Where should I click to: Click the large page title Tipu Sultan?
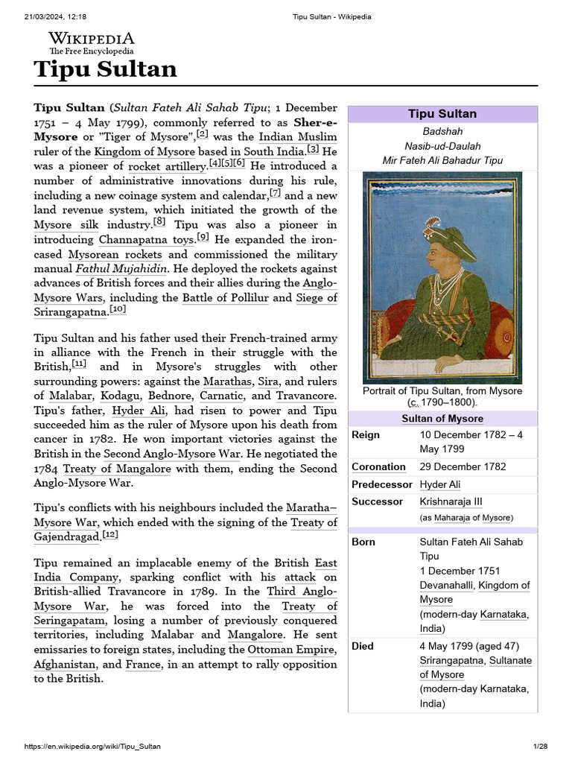click(x=105, y=69)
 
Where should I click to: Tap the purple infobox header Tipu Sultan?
click(x=442, y=114)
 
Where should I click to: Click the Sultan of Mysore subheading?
click(x=442, y=419)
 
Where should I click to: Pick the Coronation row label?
click(x=379, y=467)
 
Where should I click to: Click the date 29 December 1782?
click(x=463, y=467)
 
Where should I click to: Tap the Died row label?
click(x=363, y=646)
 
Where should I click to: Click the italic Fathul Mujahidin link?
click(x=121, y=269)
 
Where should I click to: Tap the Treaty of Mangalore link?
click(x=117, y=469)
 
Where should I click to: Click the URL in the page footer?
click(x=92, y=746)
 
